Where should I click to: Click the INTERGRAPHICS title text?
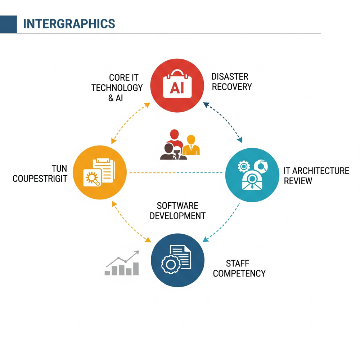point(69,24)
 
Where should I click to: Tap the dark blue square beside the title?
point(8,24)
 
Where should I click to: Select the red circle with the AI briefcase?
point(177,85)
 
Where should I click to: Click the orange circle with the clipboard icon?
point(100,172)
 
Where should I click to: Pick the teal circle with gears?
point(252,175)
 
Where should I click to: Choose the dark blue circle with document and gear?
point(178,260)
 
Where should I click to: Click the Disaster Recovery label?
point(231,82)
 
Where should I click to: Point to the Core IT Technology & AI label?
point(117,88)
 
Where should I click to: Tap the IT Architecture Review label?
point(316,176)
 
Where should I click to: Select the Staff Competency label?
point(239,269)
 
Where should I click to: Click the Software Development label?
point(177,211)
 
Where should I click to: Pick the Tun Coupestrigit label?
point(40,174)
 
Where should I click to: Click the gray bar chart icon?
point(122,263)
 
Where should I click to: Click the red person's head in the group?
point(175,134)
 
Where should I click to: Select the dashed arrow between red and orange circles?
point(130,123)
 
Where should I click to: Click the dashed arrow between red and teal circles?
point(223,122)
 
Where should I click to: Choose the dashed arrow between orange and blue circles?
point(131,222)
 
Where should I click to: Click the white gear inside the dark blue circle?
point(171,265)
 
